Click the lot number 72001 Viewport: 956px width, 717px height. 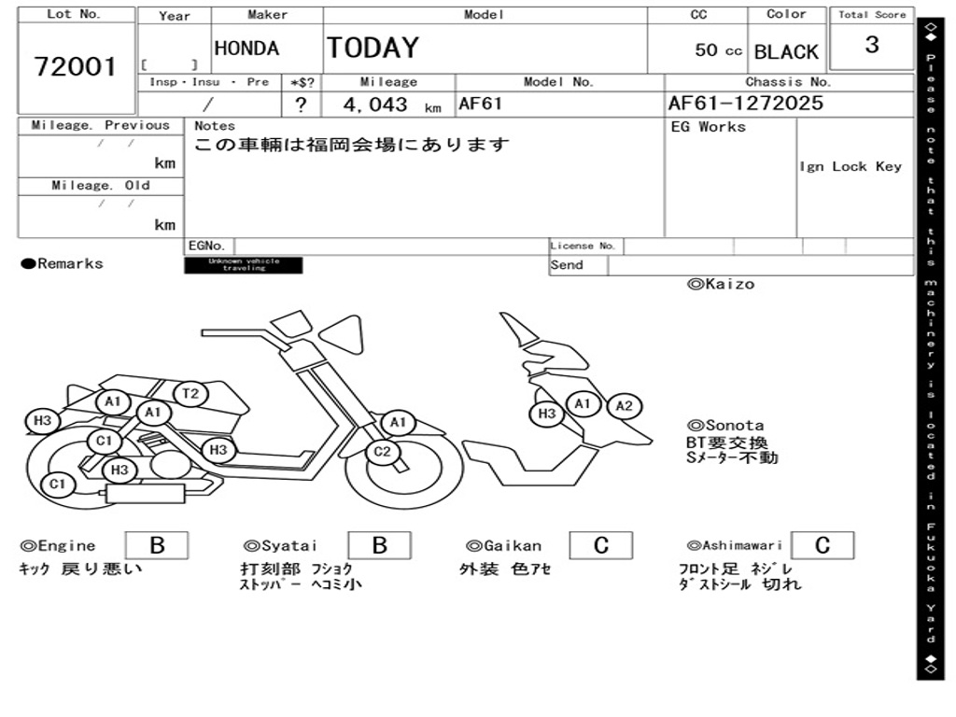(x=76, y=67)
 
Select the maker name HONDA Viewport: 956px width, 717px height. (x=246, y=49)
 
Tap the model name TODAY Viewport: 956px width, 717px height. (x=373, y=48)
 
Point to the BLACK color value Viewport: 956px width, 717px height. (x=786, y=52)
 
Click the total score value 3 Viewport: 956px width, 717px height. (x=872, y=46)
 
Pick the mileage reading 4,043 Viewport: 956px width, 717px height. (x=375, y=105)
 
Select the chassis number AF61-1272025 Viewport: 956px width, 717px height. (x=746, y=103)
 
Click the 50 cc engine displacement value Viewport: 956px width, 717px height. (x=718, y=50)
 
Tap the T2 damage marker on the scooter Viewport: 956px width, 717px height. (x=190, y=394)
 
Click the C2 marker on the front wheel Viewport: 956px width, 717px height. (x=382, y=453)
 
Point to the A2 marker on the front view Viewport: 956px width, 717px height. (x=625, y=406)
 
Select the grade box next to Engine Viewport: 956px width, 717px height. (x=156, y=545)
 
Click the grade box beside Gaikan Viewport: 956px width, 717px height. (x=600, y=545)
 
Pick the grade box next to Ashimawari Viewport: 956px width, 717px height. (x=822, y=545)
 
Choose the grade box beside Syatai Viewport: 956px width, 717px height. (x=379, y=545)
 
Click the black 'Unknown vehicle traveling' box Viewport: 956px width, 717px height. (x=244, y=265)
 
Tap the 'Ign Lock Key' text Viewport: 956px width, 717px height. (x=851, y=167)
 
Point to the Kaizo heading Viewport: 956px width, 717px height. (x=721, y=284)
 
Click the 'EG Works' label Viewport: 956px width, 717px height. (x=709, y=127)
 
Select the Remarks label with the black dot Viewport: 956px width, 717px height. (x=63, y=264)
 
